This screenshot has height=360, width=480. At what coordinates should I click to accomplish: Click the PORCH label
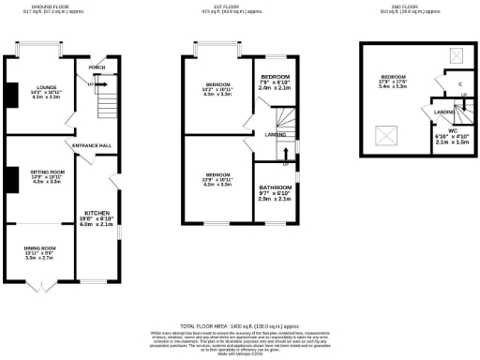click(96, 67)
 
